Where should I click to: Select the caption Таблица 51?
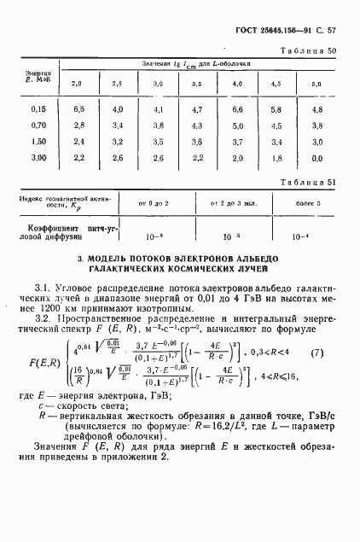[x=307, y=182]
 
